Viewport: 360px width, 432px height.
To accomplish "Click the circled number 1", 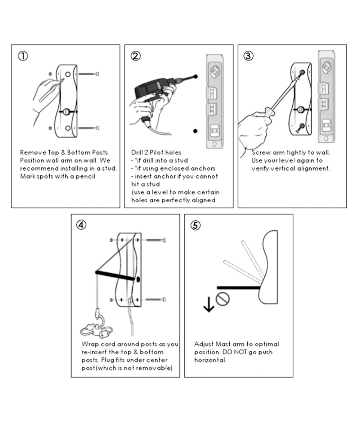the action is click(x=23, y=56).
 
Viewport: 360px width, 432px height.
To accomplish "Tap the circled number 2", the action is click(x=136, y=56).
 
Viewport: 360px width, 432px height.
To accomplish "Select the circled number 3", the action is click(x=248, y=56).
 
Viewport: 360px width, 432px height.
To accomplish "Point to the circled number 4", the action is click(x=81, y=225).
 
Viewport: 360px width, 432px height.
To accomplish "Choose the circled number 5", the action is click(x=195, y=225).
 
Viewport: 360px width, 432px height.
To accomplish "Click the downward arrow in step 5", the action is click(x=209, y=304).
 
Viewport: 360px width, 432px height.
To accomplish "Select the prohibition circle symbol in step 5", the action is click(x=222, y=299).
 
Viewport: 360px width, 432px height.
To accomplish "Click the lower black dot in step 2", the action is click(x=195, y=131).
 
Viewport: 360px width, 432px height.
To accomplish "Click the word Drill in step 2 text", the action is click(x=137, y=153).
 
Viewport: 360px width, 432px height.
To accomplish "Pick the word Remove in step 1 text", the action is click(x=33, y=153).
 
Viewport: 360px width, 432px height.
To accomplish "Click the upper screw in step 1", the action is click(x=89, y=74).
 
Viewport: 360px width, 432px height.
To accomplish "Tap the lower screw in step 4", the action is click(x=156, y=300).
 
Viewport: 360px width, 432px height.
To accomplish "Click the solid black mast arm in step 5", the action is click(x=238, y=288).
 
